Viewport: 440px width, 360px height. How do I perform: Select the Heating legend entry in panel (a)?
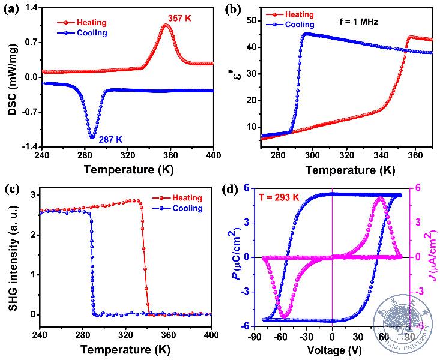pyautogui.click(x=91, y=22)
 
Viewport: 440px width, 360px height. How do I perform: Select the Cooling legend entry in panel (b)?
pyautogui.click(x=299, y=25)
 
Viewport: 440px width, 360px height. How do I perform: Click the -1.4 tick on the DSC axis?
pyautogui.click(x=29, y=147)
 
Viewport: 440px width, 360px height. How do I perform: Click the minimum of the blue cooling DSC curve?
pyautogui.click(x=92, y=137)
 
